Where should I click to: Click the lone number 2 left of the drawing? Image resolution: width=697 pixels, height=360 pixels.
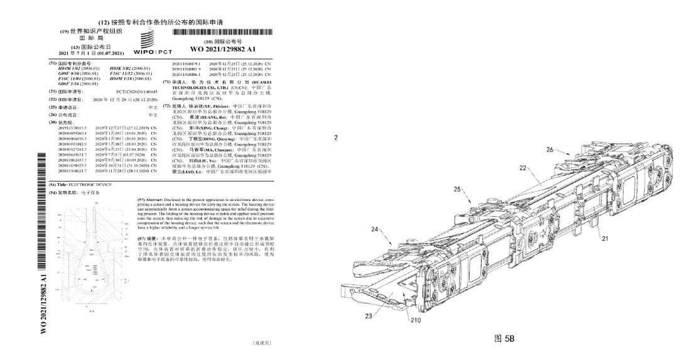336,138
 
